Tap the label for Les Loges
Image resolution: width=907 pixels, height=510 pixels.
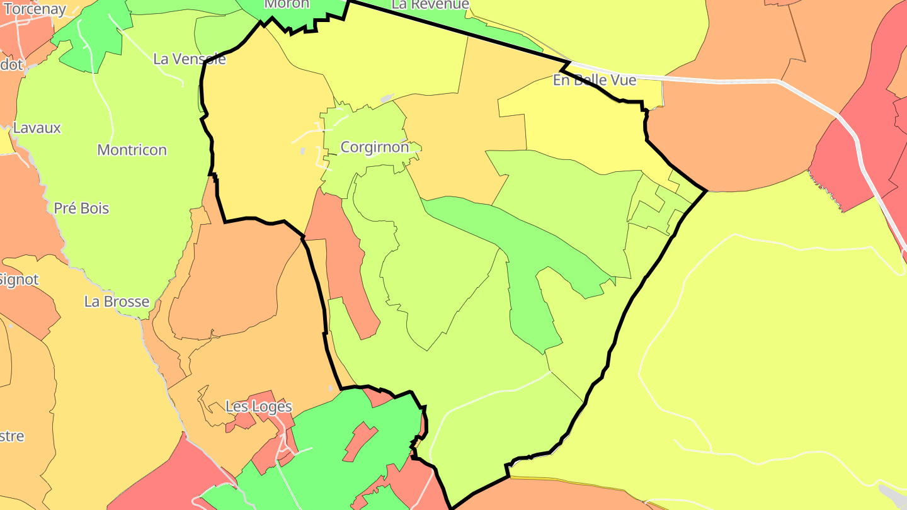point(259,407)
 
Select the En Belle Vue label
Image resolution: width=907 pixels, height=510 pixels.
point(595,80)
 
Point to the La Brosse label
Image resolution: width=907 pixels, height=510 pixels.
point(117,302)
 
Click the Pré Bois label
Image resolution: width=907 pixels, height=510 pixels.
point(81,208)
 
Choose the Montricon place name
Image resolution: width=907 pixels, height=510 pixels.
point(132,150)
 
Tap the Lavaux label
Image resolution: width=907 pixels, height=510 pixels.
point(37,128)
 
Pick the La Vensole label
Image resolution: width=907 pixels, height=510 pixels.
point(190,59)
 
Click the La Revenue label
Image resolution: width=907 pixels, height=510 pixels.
point(430,4)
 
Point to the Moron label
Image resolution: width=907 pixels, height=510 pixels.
point(287,4)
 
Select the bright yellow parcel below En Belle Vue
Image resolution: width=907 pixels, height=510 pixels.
point(586,126)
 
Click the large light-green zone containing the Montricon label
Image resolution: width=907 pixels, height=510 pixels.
point(113,189)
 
